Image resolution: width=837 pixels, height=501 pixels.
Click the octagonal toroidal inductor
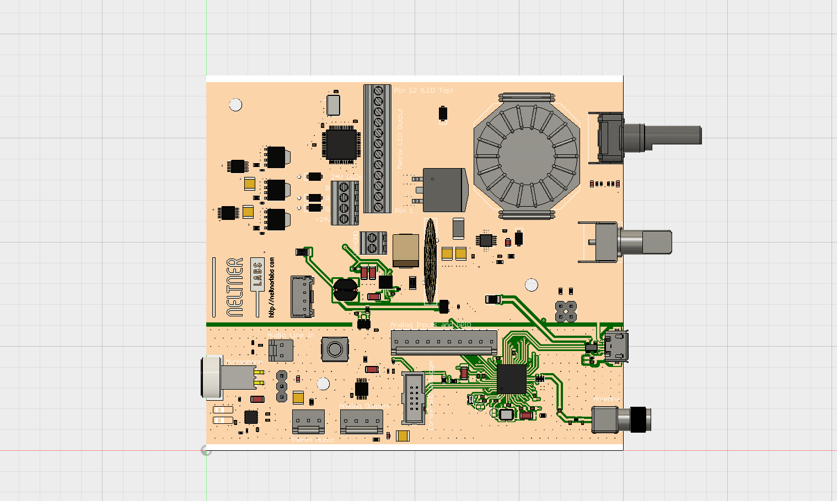[527, 156]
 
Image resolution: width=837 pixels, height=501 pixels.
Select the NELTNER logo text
[235, 287]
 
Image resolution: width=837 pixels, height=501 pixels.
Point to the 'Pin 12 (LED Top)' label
[423, 90]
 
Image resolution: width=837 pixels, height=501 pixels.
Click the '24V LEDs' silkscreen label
[346, 176]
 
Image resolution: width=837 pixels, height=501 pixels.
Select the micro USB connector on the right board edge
[615, 347]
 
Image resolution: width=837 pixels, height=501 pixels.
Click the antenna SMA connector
[620, 419]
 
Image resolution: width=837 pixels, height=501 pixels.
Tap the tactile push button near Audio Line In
[334, 349]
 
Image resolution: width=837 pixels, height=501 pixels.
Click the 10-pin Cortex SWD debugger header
[413, 397]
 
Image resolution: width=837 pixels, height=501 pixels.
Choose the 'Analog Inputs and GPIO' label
[430, 325]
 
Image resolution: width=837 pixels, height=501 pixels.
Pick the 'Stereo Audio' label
[312, 440]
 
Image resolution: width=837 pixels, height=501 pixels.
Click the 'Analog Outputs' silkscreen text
[364, 406]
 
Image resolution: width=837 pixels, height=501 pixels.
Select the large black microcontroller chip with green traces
[511, 379]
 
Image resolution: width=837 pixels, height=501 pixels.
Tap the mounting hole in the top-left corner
[235, 105]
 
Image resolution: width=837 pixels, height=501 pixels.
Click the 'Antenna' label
[607, 398]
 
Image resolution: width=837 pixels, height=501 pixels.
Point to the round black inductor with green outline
[345, 289]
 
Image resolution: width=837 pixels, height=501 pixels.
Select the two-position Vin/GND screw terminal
[372, 243]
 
